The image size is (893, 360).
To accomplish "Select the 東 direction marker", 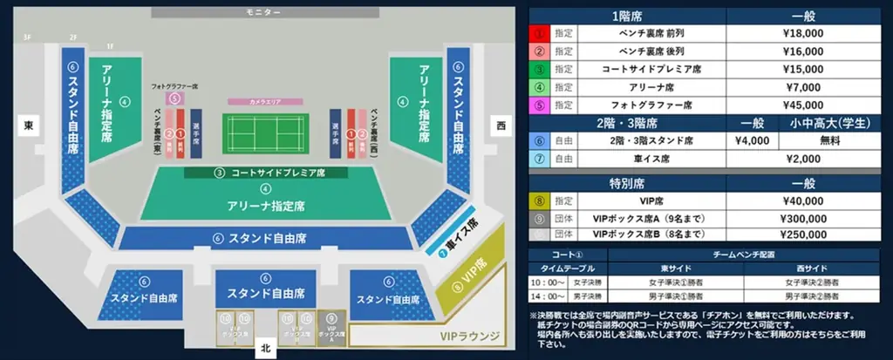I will coord(29,126).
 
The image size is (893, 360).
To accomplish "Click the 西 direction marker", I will coord(501,126).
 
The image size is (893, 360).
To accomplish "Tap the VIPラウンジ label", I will coord(468,336).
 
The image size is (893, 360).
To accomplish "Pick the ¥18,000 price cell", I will coord(803,32).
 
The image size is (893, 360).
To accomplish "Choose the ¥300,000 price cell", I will coord(803,218).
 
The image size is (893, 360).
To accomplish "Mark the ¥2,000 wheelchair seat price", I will coord(803,159).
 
